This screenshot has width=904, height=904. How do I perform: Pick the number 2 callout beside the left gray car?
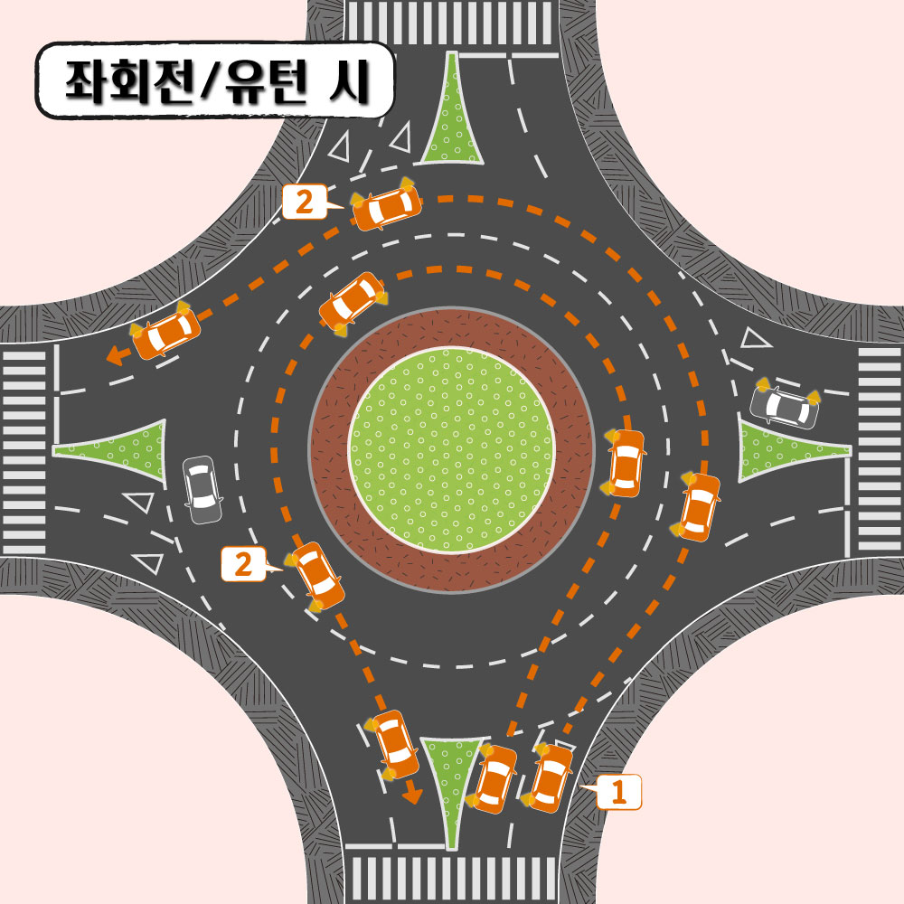(242, 565)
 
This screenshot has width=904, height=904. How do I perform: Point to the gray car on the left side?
(202, 489)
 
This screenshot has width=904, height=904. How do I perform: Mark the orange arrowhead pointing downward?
(412, 795)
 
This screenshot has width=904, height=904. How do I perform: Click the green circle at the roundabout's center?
(451, 449)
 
